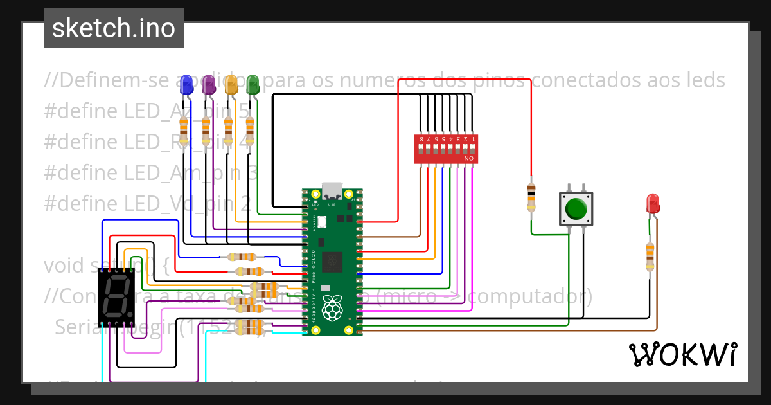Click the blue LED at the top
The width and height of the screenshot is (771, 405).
[186, 84]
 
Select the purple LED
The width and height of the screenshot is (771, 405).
[208, 84]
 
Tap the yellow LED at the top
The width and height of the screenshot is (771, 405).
[231, 84]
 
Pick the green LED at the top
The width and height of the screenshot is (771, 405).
[253, 84]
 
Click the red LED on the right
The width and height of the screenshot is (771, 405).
[652, 204]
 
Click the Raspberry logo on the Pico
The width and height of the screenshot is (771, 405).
[332, 308]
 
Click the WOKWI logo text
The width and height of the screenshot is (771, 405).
[682, 354]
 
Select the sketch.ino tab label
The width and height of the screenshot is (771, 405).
[114, 28]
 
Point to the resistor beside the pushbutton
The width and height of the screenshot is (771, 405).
[531, 196]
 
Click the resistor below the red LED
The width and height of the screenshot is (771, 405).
[650, 255]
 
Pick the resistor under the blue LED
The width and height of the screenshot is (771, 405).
[184, 130]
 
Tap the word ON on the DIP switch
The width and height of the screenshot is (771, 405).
[468, 158]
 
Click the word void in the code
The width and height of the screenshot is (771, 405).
[63, 265]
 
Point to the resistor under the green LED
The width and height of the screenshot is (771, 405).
[250, 130]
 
